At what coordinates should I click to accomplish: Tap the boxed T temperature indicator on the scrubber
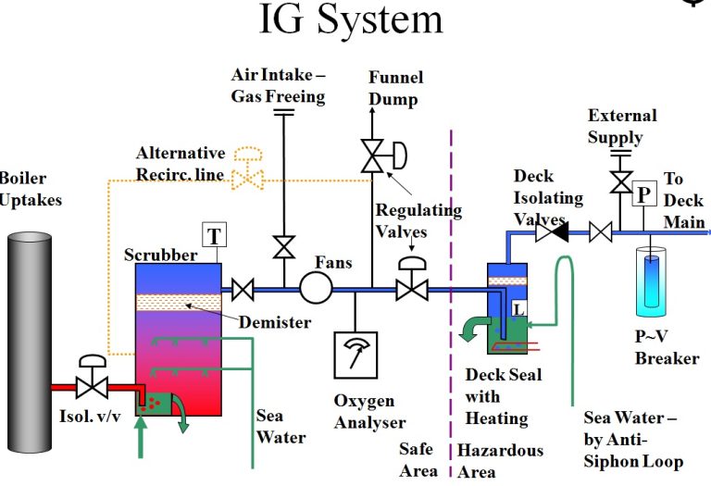pos(214,235)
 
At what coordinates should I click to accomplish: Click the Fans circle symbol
pos(316,289)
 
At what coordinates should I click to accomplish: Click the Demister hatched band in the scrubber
pos(179,302)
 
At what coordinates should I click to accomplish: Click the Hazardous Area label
pos(500,460)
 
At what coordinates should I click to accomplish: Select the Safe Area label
pos(418,460)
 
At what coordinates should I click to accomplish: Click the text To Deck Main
pos(684,201)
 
